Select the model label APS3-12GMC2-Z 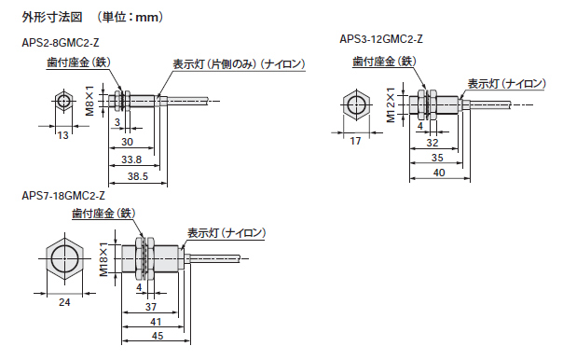pos(383,38)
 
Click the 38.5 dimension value pos(137,176)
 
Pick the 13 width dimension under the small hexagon pos(62,136)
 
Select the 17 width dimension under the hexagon pos(356,142)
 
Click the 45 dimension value pos(157,337)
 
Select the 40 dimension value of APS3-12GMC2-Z pos(439,173)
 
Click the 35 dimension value pos(437,159)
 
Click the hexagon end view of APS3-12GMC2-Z pos(356,104)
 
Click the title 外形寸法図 pos(52,16)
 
